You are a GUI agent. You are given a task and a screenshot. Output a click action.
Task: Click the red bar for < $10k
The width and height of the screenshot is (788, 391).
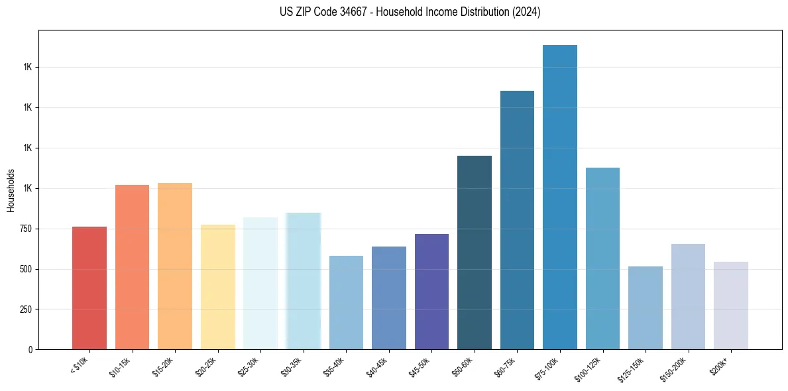[89, 288]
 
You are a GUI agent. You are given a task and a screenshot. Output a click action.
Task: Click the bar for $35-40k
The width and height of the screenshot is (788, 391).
[346, 302]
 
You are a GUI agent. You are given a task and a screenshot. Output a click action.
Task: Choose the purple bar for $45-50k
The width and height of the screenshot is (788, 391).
[431, 292]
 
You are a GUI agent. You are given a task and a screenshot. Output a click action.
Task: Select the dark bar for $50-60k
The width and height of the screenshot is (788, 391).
[475, 252]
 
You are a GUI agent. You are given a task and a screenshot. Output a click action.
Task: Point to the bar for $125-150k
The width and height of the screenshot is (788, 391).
[646, 307]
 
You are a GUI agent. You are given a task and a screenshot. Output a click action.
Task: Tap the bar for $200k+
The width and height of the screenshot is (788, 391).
[731, 306]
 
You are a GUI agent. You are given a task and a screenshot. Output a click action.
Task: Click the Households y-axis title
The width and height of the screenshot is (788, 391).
[11, 190]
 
